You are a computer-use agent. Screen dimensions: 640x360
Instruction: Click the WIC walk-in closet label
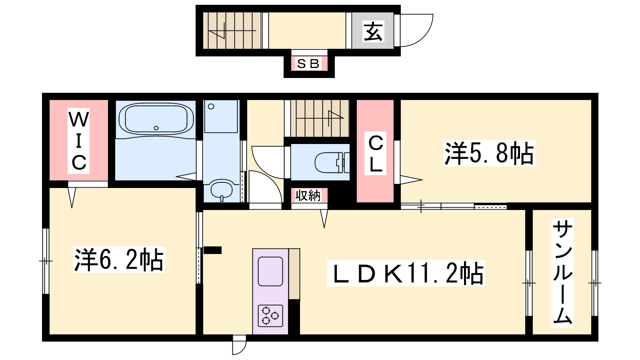point(78,141)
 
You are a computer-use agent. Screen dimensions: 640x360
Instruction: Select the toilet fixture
point(332,162)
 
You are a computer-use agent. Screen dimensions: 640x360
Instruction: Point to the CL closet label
point(376,154)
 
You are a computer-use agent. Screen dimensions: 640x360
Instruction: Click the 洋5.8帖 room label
point(489,153)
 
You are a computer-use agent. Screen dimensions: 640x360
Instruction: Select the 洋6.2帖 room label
point(119,260)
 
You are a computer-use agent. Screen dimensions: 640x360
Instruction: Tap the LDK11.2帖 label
point(406,273)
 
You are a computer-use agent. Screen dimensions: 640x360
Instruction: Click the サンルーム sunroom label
point(562,272)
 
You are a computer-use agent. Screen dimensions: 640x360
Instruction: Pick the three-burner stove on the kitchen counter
point(270,316)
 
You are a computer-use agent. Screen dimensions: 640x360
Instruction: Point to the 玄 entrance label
point(373,31)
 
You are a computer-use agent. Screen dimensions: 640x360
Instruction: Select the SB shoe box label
point(308,64)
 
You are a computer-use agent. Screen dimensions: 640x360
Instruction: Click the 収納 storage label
point(308,195)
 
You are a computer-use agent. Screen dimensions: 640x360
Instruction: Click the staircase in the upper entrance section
point(232,30)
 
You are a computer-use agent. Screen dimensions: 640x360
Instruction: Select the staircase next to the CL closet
point(320,118)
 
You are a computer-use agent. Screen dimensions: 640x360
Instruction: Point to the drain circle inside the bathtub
point(156,128)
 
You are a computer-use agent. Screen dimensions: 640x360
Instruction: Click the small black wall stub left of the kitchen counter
point(212,250)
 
